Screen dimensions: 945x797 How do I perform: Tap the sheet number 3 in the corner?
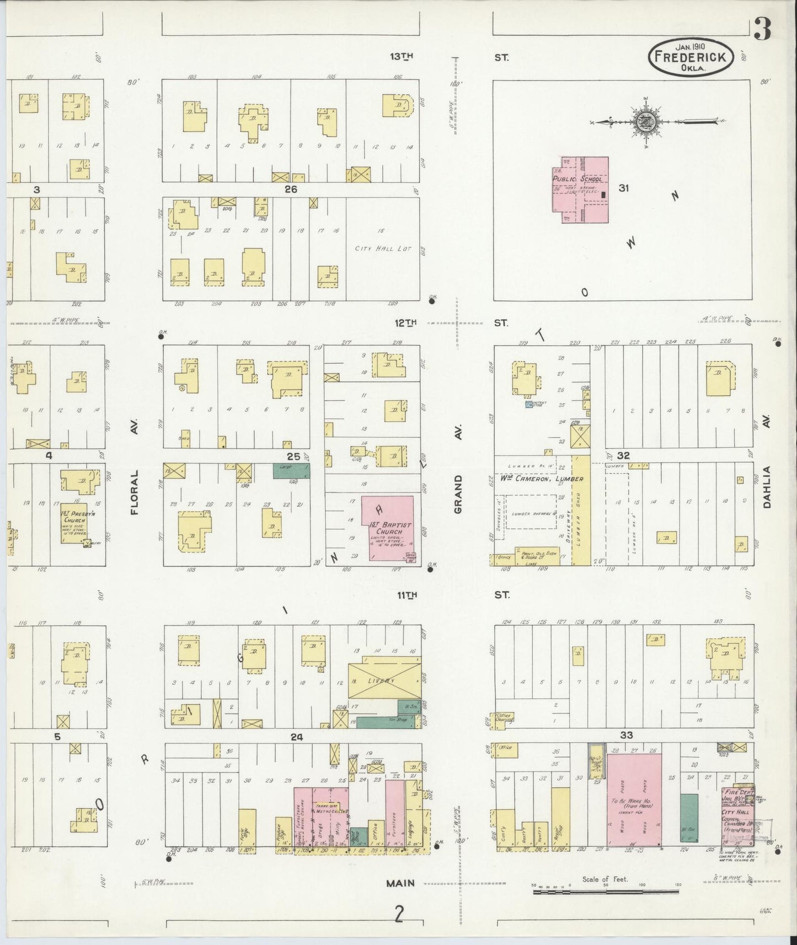762,30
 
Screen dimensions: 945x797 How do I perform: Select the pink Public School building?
581,189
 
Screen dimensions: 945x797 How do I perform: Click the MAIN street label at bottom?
400,883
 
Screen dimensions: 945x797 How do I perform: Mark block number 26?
291,189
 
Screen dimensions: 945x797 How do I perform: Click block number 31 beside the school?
623,188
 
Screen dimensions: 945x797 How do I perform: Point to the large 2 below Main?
399,915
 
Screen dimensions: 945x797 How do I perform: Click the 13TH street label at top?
402,56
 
